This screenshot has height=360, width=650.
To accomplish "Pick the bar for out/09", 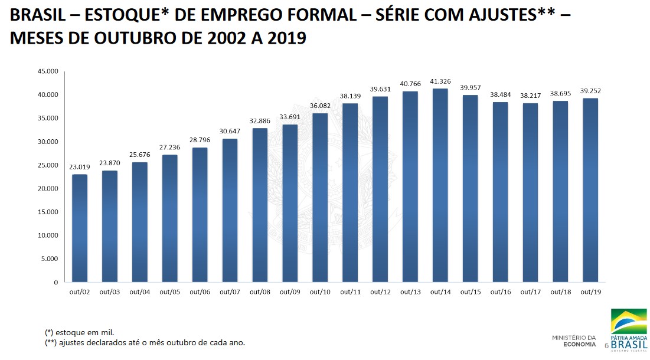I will (x=289, y=203).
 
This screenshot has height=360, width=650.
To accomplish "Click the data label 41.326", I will (x=440, y=81).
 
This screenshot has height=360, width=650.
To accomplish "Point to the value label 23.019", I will (x=79, y=167).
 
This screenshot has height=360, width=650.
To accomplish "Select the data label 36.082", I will (x=319, y=106).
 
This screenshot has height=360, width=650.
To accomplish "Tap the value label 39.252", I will (x=590, y=91).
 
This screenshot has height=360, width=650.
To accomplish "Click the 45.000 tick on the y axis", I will (x=48, y=71).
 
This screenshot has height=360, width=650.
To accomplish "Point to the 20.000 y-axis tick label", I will (x=48, y=188).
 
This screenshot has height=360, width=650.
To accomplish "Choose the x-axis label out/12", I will (x=380, y=292).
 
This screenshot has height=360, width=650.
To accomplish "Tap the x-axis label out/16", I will (x=500, y=292).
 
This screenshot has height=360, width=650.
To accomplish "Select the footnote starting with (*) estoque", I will (x=79, y=332).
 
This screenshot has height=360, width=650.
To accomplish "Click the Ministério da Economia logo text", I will (x=574, y=341).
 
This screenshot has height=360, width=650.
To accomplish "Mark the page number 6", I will (x=606, y=345).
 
